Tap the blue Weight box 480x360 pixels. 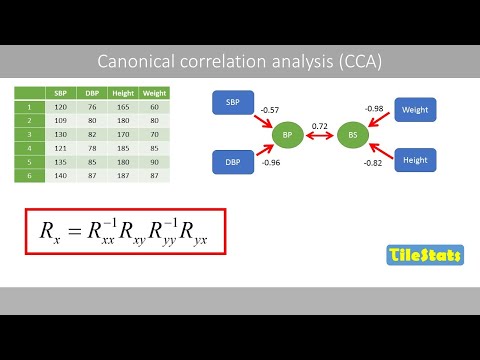[x=415, y=107]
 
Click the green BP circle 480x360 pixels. [x=287, y=132]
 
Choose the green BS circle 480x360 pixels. [x=352, y=132]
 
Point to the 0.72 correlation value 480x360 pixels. [x=320, y=125]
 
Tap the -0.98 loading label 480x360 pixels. [x=374, y=108]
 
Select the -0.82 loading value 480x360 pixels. [x=374, y=162]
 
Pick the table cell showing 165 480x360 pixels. [x=125, y=105]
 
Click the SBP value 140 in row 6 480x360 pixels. [x=61, y=174]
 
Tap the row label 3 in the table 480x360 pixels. [x=30, y=132]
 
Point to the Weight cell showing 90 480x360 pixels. [x=155, y=160]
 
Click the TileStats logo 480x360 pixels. [x=424, y=256]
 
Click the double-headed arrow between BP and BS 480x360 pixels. [x=320, y=135]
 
